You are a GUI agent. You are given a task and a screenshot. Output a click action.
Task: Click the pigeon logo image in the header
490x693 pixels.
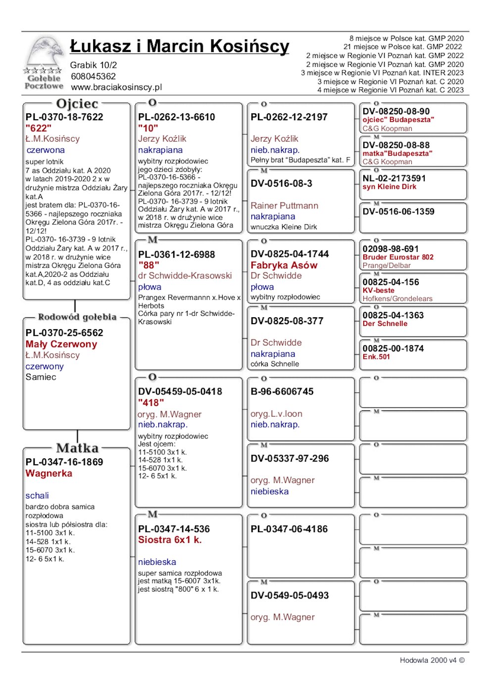pyautogui.click(x=44, y=62)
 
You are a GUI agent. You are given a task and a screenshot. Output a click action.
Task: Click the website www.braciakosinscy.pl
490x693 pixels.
pyautogui.click(x=116, y=87)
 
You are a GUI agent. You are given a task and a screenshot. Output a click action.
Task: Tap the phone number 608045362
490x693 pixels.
pyautogui.click(x=93, y=76)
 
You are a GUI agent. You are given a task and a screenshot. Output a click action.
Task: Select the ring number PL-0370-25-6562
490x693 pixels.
pyautogui.click(x=64, y=333)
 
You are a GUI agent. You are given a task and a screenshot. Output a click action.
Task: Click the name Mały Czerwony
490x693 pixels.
pyautogui.click(x=61, y=344)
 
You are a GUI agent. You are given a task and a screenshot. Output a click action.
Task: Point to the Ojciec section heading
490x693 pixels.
pyautogui.click(x=77, y=104)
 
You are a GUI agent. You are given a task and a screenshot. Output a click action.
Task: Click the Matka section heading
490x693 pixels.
pyautogui.click(x=77, y=448)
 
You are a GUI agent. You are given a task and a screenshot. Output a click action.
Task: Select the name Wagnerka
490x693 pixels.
pyautogui.click(x=49, y=474)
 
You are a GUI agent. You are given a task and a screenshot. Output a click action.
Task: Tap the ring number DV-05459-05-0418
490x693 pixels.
pyautogui.click(x=180, y=392)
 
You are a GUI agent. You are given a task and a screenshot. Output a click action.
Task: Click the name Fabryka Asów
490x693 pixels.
pyautogui.click(x=284, y=265)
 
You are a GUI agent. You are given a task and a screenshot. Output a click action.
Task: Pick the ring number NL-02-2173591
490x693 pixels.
pyautogui.click(x=394, y=178)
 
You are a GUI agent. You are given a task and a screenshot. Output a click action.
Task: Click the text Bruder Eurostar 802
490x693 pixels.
pyautogui.click(x=398, y=257)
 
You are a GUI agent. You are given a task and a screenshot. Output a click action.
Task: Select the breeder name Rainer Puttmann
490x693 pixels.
pyautogui.click(x=285, y=205)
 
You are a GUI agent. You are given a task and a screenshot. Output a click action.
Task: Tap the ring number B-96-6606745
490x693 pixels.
pyautogui.click(x=282, y=392)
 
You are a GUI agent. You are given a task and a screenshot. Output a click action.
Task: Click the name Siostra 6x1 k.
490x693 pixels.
pyautogui.click(x=170, y=540)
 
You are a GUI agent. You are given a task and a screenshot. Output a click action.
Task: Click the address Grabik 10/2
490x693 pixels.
pyautogui.click(x=94, y=65)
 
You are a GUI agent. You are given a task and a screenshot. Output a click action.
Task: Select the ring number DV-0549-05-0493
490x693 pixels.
pyautogui.click(x=290, y=595)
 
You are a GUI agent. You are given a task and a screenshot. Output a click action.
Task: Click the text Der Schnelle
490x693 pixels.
pyautogui.click(x=385, y=324)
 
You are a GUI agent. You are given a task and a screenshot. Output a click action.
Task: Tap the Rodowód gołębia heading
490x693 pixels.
pyautogui.click(x=77, y=317)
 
